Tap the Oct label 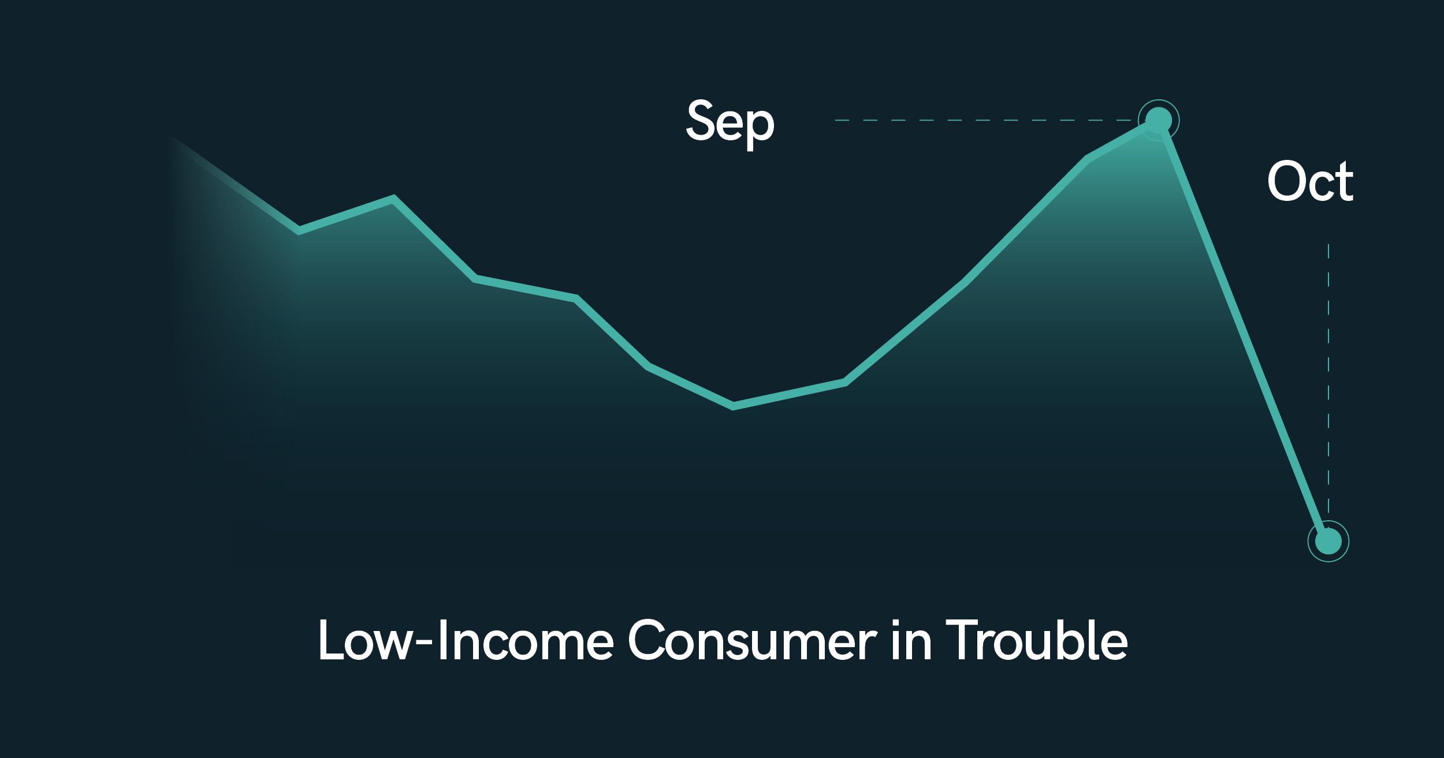(x=1310, y=181)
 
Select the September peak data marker (x=1158, y=120)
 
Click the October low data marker (x=1328, y=541)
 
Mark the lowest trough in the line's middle (x=733, y=405)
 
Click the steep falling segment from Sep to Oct (x=1243, y=330)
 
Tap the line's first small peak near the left (x=393, y=199)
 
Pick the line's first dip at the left (x=299, y=230)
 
